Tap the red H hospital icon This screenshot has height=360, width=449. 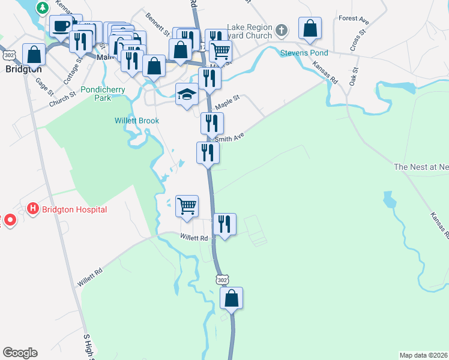(33, 209)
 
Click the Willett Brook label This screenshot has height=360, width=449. (137, 121)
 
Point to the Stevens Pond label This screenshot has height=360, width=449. (302, 53)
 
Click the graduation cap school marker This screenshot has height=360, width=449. (187, 94)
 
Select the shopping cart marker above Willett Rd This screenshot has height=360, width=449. (187, 206)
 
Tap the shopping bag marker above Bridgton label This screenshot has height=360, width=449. (34, 55)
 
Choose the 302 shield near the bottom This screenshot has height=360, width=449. (223, 280)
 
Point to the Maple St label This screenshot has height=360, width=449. (228, 101)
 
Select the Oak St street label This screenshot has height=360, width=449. (354, 77)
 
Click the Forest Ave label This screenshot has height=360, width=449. (354, 20)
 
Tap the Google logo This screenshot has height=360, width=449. (20, 353)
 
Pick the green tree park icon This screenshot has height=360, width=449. (42, 8)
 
